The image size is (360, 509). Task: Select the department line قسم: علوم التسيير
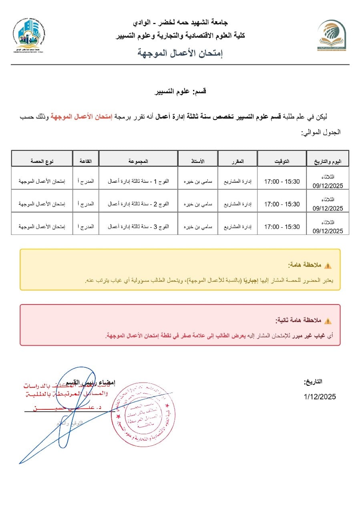pos(181,92)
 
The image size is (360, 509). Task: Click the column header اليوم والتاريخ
pos(328,161)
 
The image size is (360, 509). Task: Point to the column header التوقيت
pos(282,161)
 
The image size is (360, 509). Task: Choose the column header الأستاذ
pos(198,161)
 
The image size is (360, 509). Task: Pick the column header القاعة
pos(86,161)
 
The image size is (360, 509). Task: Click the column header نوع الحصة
pos(42,161)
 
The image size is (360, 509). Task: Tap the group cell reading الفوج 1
pos(138,181)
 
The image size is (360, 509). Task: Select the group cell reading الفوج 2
pos(138,204)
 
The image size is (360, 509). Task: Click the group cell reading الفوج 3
pos(138,226)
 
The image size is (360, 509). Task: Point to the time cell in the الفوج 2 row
pos(282,204)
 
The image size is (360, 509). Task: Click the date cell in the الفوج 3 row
pos(328,226)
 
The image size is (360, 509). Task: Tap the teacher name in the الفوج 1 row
pos(198,181)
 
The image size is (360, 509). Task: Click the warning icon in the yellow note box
pos(328,266)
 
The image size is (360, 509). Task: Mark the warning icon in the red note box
pos(328,321)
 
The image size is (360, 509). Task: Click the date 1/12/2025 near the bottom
pos(320,397)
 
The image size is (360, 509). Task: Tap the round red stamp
pos(143,413)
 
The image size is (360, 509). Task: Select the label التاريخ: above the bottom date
pos(313,382)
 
